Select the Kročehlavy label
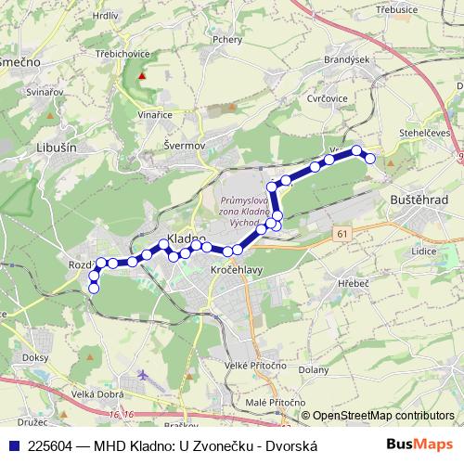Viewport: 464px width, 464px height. [236, 266]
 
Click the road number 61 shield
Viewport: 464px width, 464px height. [343, 233]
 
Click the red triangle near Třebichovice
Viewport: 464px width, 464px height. [142, 76]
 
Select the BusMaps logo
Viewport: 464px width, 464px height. [419, 445]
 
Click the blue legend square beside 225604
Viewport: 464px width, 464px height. [12, 445]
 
